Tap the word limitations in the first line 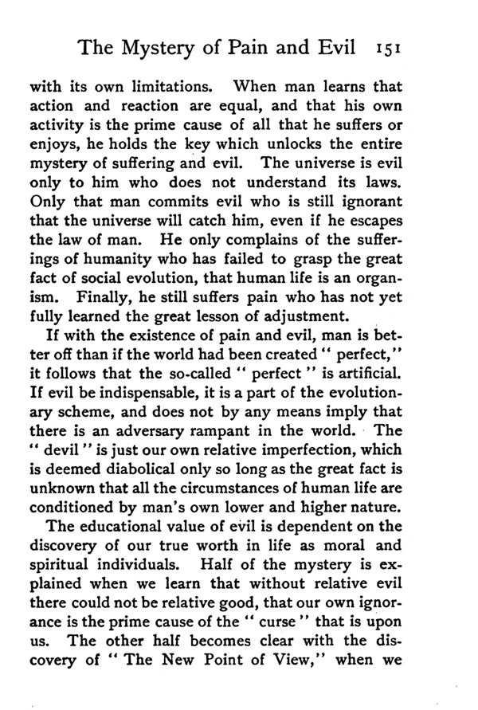[x=144, y=85]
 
